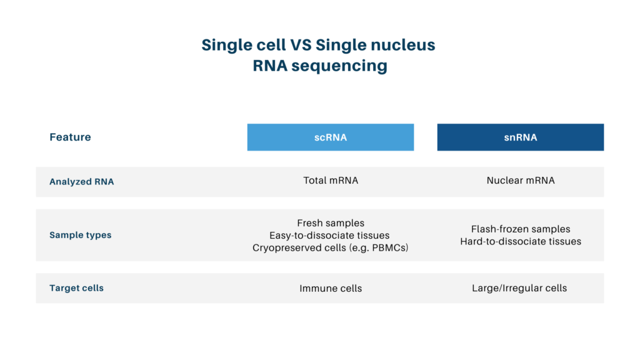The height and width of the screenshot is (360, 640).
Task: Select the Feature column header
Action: pyautogui.click(x=70, y=137)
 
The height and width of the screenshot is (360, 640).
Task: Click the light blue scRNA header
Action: pyautogui.click(x=330, y=137)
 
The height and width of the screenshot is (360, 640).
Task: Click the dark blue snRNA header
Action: pyautogui.click(x=520, y=137)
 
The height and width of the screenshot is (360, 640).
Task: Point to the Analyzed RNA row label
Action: pyautogui.click(x=82, y=182)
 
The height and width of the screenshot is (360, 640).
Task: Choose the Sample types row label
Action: pyautogui.click(x=81, y=235)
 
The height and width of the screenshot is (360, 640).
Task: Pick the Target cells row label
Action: pyautogui.click(x=76, y=288)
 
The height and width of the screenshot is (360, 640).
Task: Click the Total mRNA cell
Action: pyautogui.click(x=330, y=181)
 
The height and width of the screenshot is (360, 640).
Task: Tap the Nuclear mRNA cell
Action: pyautogui.click(x=520, y=181)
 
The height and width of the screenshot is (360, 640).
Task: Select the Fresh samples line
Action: pyautogui.click(x=330, y=223)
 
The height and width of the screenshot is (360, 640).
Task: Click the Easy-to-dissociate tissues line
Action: pyautogui.click(x=330, y=235)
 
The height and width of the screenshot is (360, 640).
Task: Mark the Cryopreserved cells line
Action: pyautogui.click(x=312, y=247)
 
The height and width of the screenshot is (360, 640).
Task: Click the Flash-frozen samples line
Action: pyautogui.click(x=520, y=229)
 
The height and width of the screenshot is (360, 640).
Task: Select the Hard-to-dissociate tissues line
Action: pyautogui.click(x=520, y=241)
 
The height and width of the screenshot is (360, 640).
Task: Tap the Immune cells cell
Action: pyautogui.click(x=330, y=288)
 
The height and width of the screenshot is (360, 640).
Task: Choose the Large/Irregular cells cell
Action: pyautogui.click(x=520, y=288)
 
